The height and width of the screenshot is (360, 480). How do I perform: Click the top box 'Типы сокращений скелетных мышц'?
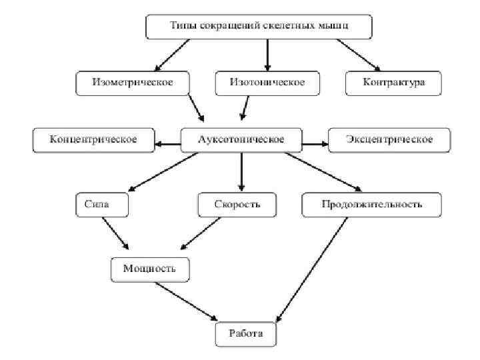point(259,27)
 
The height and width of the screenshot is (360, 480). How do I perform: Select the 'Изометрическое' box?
point(133,82)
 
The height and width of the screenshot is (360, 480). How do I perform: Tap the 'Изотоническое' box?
point(267,82)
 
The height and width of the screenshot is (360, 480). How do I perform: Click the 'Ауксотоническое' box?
point(241,139)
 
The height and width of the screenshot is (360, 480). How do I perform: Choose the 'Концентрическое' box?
point(93,139)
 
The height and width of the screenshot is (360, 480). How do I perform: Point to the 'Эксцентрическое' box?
point(389,139)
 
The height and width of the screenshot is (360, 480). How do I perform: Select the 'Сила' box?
point(101,204)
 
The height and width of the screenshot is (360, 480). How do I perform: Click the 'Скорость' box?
point(238,204)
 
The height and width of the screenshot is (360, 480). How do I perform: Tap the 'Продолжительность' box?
point(371,204)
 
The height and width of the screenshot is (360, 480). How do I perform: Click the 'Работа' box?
point(246,333)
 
